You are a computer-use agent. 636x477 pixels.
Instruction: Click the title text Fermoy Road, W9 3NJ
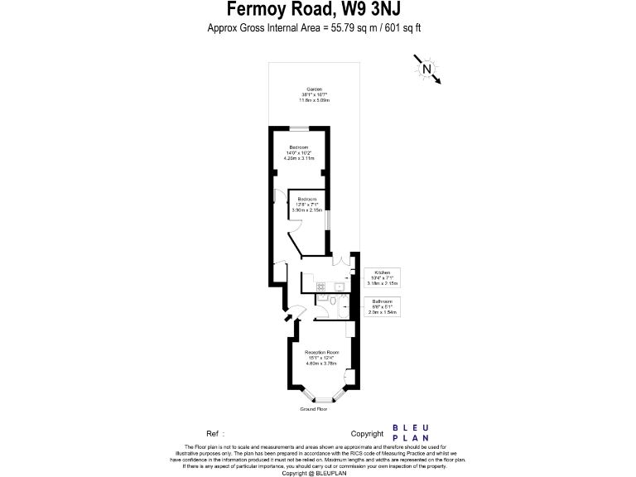click(x=318, y=10)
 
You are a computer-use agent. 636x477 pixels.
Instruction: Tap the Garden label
click(x=314, y=94)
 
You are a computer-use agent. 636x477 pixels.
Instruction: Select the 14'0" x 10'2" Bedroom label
click(x=299, y=152)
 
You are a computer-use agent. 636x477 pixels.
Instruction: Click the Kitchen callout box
click(x=382, y=277)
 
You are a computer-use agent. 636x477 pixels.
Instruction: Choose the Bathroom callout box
click(x=382, y=306)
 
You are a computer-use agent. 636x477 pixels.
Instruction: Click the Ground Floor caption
click(x=314, y=409)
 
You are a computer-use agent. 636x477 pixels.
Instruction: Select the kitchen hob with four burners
click(x=320, y=287)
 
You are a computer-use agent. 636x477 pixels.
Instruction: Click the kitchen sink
click(x=338, y=287)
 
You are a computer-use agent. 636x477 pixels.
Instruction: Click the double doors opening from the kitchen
click(x=341, y=262)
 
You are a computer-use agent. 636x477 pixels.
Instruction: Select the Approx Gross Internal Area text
click(x=318, y=28)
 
